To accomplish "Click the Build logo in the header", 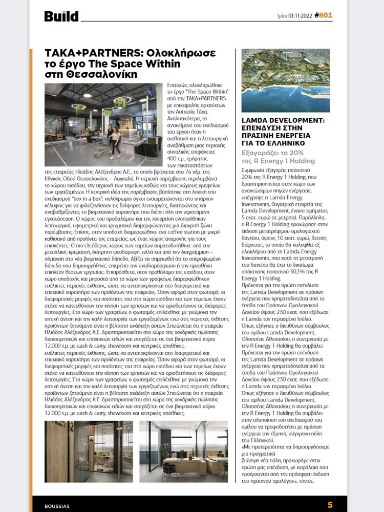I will click(61, 16).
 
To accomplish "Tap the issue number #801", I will click(323, 15).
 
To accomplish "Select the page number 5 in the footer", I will click(330, 505).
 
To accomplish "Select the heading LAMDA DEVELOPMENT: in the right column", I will click(283, 121).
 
